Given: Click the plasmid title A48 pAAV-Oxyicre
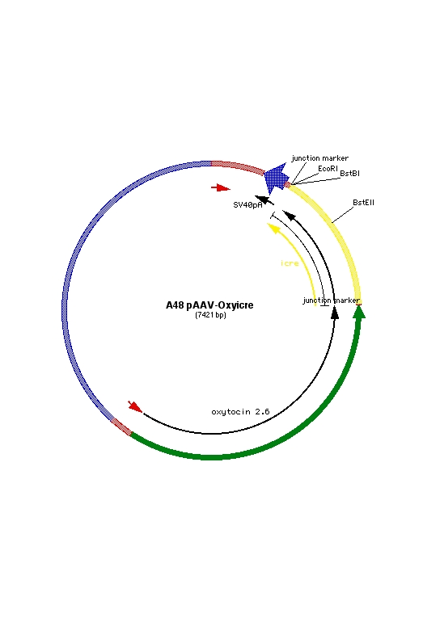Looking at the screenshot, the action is coord(209,305).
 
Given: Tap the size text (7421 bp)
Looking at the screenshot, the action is coord(210,315).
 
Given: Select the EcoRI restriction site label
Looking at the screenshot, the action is coord(328,169).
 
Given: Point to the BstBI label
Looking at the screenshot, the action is coord(350,174).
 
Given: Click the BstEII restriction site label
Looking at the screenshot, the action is coord(363,202).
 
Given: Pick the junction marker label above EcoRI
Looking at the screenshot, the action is coord(320,158).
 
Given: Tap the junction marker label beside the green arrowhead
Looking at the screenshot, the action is coord(332,300).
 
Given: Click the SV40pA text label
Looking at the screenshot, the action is coord(247,205).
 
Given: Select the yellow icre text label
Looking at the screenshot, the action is coord(290,263).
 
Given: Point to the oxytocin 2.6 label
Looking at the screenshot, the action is coord(240,412).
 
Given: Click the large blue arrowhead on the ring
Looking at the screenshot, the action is coord(276,178).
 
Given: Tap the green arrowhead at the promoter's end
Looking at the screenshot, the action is coord(359,311).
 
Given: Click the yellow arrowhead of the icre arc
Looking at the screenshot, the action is coord(273,228).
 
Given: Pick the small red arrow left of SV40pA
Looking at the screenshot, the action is coord(221,187).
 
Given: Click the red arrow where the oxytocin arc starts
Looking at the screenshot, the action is coord(135,406).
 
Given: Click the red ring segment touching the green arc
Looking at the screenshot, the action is coord(121,427).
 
